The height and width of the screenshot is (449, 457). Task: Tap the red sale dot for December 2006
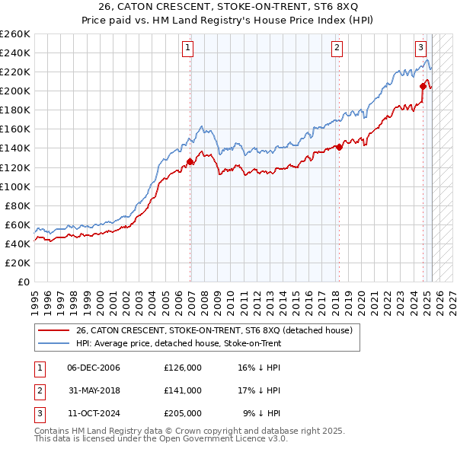pos(190,161)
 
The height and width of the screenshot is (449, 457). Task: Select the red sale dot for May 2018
pos(339,147)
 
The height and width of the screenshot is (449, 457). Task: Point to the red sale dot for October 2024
pos(423,86)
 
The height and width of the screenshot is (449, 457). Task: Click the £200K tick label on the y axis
pos(15,91)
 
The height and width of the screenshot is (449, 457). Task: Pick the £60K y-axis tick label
pos(18,224)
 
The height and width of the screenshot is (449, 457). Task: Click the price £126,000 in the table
pos(183,368)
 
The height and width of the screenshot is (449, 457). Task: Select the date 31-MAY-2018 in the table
pos(94,390)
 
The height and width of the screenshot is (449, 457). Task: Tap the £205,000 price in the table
pos(183,413)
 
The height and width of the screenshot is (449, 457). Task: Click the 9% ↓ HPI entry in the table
pos(262,413)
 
